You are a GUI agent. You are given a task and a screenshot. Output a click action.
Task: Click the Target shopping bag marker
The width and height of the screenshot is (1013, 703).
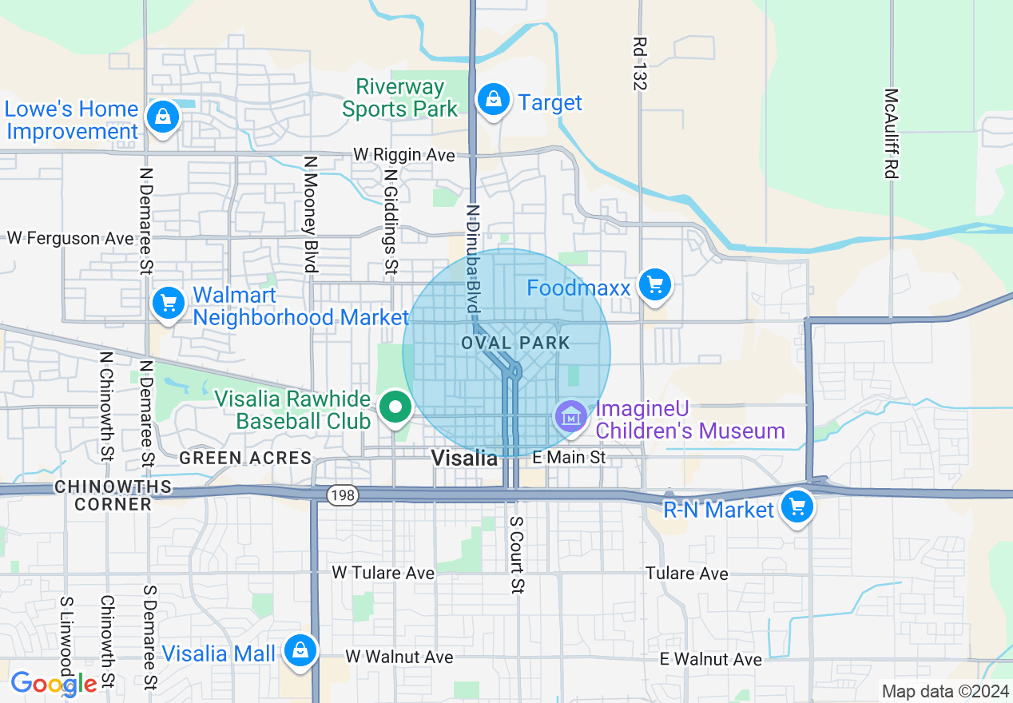point(495,101)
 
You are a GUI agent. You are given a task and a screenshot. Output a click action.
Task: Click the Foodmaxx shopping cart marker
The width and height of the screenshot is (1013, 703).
point(655,284)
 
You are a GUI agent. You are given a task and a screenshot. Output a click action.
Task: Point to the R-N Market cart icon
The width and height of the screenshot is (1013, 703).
point(796,506)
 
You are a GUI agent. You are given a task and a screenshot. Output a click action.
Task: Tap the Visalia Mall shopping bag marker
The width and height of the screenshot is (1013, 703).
point(300,650)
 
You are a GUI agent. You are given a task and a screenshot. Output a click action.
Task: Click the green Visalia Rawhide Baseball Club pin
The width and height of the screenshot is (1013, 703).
point(394,407)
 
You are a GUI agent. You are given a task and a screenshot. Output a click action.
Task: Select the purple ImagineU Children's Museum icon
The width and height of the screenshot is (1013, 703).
point(572,416)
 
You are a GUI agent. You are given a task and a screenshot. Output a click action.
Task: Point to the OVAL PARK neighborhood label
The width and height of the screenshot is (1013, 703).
point(515,344)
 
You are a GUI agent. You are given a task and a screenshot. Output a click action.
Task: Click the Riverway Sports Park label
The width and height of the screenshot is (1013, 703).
point(400,97)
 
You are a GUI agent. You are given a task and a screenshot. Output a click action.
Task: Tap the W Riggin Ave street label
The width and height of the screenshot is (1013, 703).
point(404,155)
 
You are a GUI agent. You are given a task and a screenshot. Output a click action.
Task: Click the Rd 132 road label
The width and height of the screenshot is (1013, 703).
point(639,62)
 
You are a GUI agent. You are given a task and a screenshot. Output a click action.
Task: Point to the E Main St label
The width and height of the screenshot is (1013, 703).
point(570,458)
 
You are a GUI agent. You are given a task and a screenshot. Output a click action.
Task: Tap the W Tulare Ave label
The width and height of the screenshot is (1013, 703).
point(383,573)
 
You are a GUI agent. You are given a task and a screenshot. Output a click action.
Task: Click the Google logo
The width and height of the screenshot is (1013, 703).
point(54,683)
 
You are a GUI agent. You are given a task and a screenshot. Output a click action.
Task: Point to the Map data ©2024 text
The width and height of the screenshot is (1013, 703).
point(944,691)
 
